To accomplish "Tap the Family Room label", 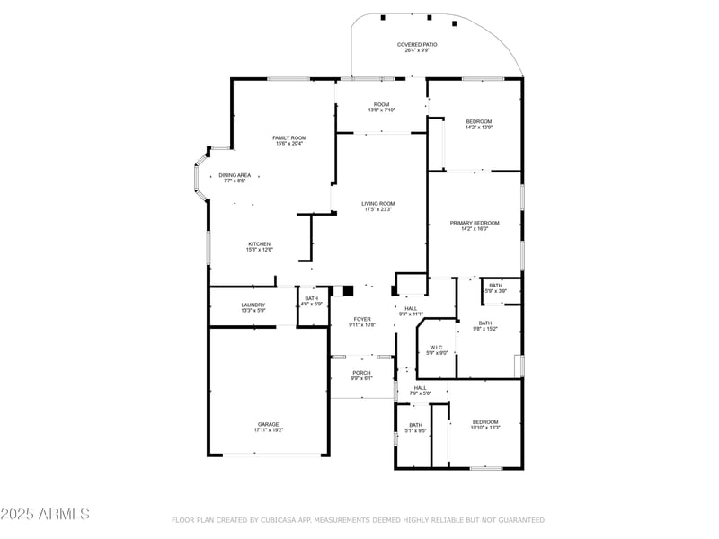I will [x=289, y=137].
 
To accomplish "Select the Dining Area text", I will [x=235, y=175].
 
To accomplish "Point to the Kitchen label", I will [x=260, y=243].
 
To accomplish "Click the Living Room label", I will [x=378, y=204].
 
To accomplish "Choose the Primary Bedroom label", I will [x=475, y=223].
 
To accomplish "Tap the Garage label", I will [x=269, y=424].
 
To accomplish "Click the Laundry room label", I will [x=253, y=305].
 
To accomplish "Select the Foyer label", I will [x=362, y=318].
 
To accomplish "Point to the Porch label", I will [x=361, y=373].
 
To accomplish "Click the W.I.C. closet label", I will [x=436, y=347].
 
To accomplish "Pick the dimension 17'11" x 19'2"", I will [x=269, y=430].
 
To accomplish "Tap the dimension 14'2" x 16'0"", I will [x=475, y=229].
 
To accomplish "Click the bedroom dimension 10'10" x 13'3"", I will [x=485, y=429].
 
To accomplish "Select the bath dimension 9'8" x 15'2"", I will [x=485, y=329].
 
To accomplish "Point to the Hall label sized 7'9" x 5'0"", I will [x=421, y=387].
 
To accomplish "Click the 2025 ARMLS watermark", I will [x=45, y=515].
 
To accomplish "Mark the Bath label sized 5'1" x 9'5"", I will [x=415, y=425].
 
